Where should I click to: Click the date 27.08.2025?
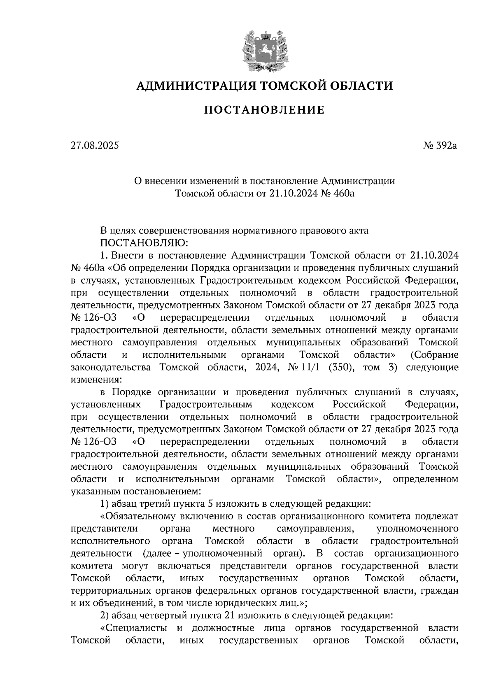94,145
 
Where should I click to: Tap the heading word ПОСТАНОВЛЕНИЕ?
264,110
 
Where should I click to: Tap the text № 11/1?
304,367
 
